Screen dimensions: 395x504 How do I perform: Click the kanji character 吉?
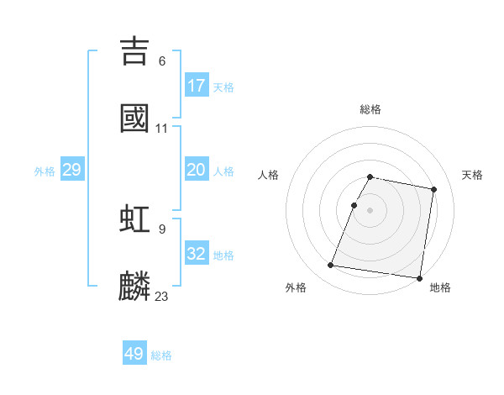135,50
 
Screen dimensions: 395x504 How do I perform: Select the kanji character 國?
135,118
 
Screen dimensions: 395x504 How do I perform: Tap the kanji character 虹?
135,219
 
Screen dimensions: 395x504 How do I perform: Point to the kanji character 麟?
135,286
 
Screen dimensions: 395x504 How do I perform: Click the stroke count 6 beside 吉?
162,61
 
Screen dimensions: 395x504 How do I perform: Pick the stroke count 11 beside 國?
162,129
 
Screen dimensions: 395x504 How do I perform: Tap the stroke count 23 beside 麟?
162,297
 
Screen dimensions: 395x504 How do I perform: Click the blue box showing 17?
197,86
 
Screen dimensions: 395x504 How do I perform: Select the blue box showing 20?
197,170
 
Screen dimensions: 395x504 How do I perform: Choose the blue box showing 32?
197,254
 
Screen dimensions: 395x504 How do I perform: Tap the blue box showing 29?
71,171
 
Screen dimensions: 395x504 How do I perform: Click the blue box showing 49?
134,354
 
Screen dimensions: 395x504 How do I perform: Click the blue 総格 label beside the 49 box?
161,355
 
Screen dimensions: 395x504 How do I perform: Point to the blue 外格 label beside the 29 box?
45,171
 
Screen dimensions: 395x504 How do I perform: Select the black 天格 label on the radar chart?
473,175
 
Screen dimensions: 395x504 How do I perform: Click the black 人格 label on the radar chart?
269,175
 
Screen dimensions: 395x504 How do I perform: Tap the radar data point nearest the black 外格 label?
331,266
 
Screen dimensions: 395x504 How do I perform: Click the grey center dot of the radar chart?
370,210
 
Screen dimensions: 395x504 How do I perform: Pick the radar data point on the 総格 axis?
370,176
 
